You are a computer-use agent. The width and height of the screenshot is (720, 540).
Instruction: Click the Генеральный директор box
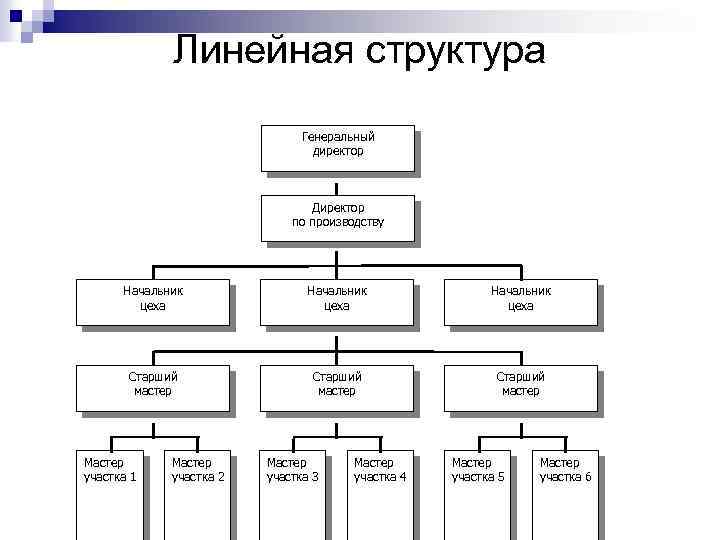pyautogui.click(x=337, y=147)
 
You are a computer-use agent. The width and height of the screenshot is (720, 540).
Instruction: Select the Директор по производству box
pyautogui.click(x=337, y=217)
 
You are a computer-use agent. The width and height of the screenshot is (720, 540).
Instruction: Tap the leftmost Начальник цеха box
pyautogui.click(x=153, y=301)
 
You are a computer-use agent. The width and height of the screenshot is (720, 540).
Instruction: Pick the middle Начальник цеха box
pyautogui.click(x=336, y=301)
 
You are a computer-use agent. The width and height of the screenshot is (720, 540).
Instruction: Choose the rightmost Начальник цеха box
pyautogui.click(x=520, y=301)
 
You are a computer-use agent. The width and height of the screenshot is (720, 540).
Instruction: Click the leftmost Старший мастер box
pyautogui.click(x=153, y=387)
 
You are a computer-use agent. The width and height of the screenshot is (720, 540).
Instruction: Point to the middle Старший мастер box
pyautogui.click(x=336, y=387)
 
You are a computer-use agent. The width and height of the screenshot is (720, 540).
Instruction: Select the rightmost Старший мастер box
pyautogui.click(x=520, y=387)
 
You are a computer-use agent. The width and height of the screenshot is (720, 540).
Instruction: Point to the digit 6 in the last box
pyautogui.click(x=587, y=477)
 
